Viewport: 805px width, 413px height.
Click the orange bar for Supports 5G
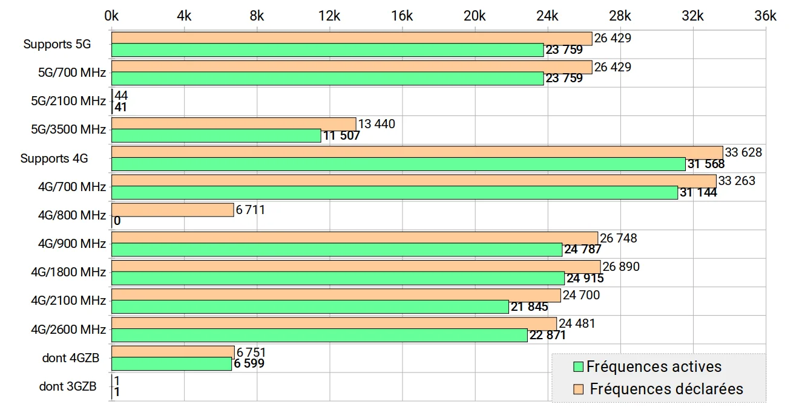(352, 39)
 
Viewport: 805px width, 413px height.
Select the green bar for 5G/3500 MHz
(216, 135)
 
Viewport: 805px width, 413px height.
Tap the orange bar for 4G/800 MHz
(172, 210)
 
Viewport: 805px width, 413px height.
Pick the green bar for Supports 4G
(398, 164)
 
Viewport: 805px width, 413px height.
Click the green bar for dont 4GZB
(171, 364)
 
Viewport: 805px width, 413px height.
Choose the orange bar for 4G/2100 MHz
(336, 296)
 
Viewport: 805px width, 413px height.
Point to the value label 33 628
(743, 152)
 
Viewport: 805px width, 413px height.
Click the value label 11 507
(341, 135)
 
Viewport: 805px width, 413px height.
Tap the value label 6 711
(251, 209)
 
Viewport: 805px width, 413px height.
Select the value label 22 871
(548, 335)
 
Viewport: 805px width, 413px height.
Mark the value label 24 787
(582, 249)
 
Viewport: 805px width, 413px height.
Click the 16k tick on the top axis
(402, 16)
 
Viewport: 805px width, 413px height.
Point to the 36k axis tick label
(766, 16)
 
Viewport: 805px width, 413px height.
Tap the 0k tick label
(111, 16)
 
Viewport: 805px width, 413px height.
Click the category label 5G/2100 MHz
(68, 101)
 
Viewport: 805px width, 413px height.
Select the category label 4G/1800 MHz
(68, 272)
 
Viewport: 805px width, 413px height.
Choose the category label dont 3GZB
(68, 386)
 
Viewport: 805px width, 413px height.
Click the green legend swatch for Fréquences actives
(578, 366)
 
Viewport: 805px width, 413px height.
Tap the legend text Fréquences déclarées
(666, 389)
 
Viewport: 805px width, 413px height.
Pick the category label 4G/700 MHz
(72, 187)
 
